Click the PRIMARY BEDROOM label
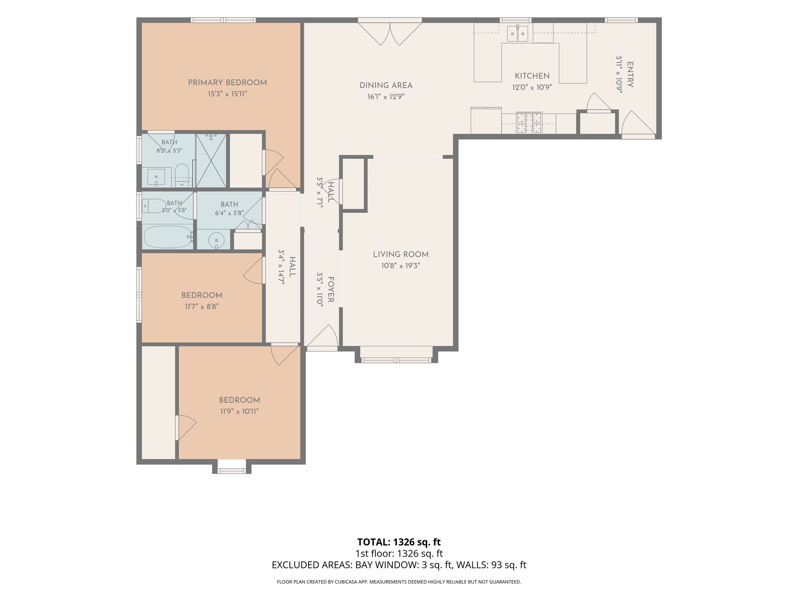pos(227,83)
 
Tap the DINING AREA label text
pos(386,85)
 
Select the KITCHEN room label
pos(532,76)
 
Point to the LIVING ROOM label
pos(401,254)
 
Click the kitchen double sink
pos(517,33)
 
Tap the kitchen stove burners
pos(529,123)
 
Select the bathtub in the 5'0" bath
pos(168,237)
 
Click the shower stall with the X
pos(211,160)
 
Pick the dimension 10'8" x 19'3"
pos(401,266)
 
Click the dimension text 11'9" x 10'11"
pos(239,411)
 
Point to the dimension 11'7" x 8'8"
pos(201,306)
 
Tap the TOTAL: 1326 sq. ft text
pos(399,542)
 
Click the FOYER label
pos(331,289)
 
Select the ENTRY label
pos(630,75)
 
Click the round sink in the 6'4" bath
pos(216,240)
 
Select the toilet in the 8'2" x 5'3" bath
pos(181,175)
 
